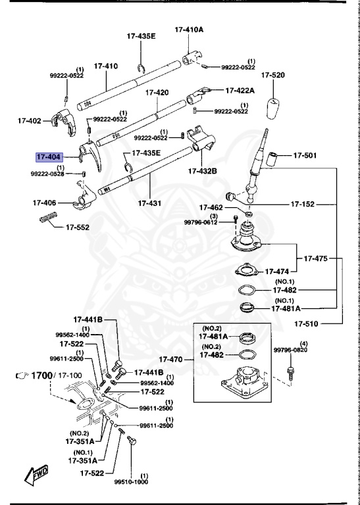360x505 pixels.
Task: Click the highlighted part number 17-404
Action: [x=49, y=157]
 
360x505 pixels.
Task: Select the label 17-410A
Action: [x=189, y=30]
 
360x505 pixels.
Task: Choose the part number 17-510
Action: [x=307, y=324]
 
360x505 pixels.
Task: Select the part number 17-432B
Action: [x=203, y=171]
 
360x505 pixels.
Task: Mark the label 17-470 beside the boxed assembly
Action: [x=177, y=360]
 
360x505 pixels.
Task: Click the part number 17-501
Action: [x=305, y=156]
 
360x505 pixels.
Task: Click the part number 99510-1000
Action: [x=132, y=481]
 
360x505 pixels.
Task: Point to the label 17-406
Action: [x=44, y=203]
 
